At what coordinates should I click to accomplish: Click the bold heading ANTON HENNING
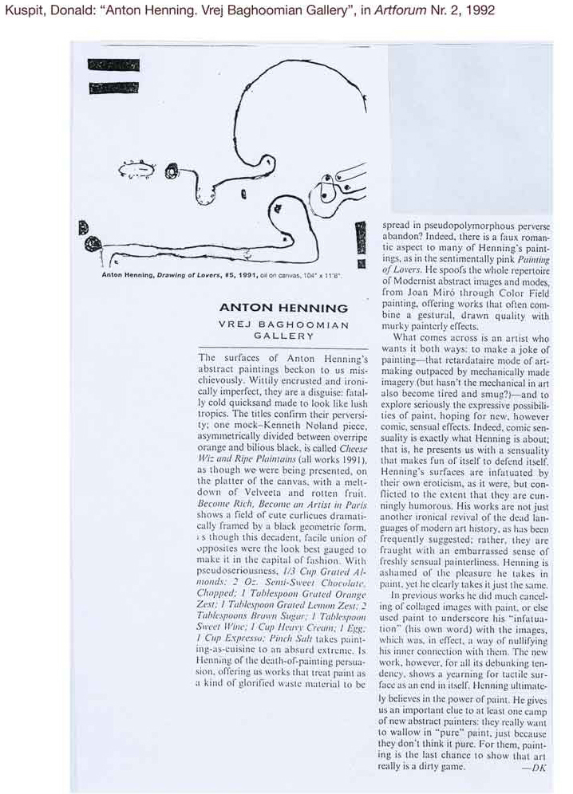click(283, 308)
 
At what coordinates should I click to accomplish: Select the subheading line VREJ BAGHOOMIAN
click(283, 324)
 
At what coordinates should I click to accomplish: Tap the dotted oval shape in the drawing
click(136, 168)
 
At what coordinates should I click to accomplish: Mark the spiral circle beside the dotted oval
click(171, 171)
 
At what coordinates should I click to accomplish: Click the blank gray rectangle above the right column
click(469, 128)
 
